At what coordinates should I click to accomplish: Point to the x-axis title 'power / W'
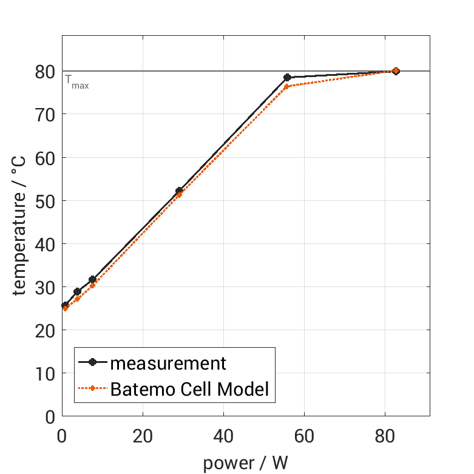click(245, 462)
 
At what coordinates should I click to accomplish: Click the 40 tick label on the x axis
click(223, 436)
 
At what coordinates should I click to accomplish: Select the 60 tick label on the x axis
click(303, 436)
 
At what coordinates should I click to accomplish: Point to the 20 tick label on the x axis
click(143, 436)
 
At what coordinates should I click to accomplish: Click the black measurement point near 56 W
click(287, 78)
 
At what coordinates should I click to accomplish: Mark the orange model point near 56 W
click(287, 87)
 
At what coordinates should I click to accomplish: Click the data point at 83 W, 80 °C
click(396, 71)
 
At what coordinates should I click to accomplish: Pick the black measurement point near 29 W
click(178, 191)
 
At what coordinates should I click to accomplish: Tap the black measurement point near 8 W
click(92, 280)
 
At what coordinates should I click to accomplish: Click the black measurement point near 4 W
click(77, 292)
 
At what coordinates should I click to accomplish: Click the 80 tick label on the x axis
click(384, 436)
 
